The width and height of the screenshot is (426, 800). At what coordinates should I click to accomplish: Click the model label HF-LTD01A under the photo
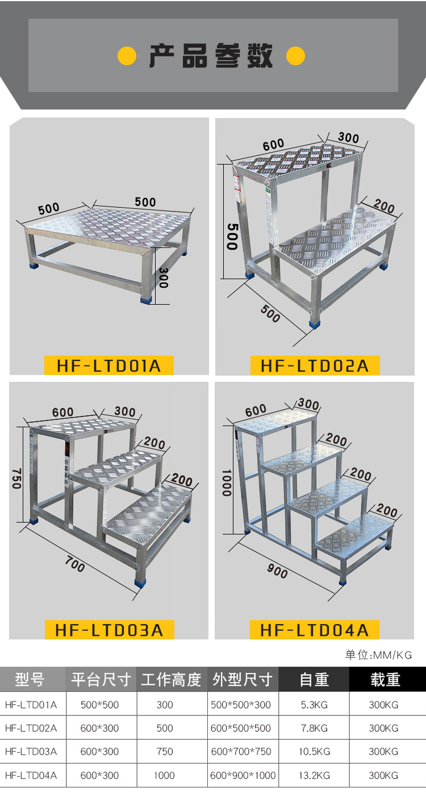108,365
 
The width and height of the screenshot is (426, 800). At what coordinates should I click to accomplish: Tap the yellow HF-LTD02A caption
315,365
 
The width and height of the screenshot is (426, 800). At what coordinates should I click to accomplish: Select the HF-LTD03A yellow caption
110,630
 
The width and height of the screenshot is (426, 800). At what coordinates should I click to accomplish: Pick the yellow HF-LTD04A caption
315,630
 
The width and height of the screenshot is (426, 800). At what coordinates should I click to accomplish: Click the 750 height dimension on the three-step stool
16,478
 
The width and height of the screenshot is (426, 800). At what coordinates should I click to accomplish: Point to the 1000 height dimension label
227,483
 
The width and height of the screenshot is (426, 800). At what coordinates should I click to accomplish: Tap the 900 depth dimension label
278,570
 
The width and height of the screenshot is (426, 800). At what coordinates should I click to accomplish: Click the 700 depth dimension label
75,564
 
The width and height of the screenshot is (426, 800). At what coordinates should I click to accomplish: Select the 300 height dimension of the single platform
163,277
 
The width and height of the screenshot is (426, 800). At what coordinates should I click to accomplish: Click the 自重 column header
314,679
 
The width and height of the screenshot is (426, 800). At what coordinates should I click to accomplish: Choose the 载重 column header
385,679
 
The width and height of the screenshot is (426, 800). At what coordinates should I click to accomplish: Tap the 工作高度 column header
171,679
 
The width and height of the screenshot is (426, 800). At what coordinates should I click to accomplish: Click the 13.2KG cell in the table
315,776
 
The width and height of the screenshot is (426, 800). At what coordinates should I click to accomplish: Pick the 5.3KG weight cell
314,705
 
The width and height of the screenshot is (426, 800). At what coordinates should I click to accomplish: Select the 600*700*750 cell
241,751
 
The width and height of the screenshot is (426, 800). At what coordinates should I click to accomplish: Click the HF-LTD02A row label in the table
31,728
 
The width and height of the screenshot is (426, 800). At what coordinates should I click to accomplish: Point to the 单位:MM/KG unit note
378,655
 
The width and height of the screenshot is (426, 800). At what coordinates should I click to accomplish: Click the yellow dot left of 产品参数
127,56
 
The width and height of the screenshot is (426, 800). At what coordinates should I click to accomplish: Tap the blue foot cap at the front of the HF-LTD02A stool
315,325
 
